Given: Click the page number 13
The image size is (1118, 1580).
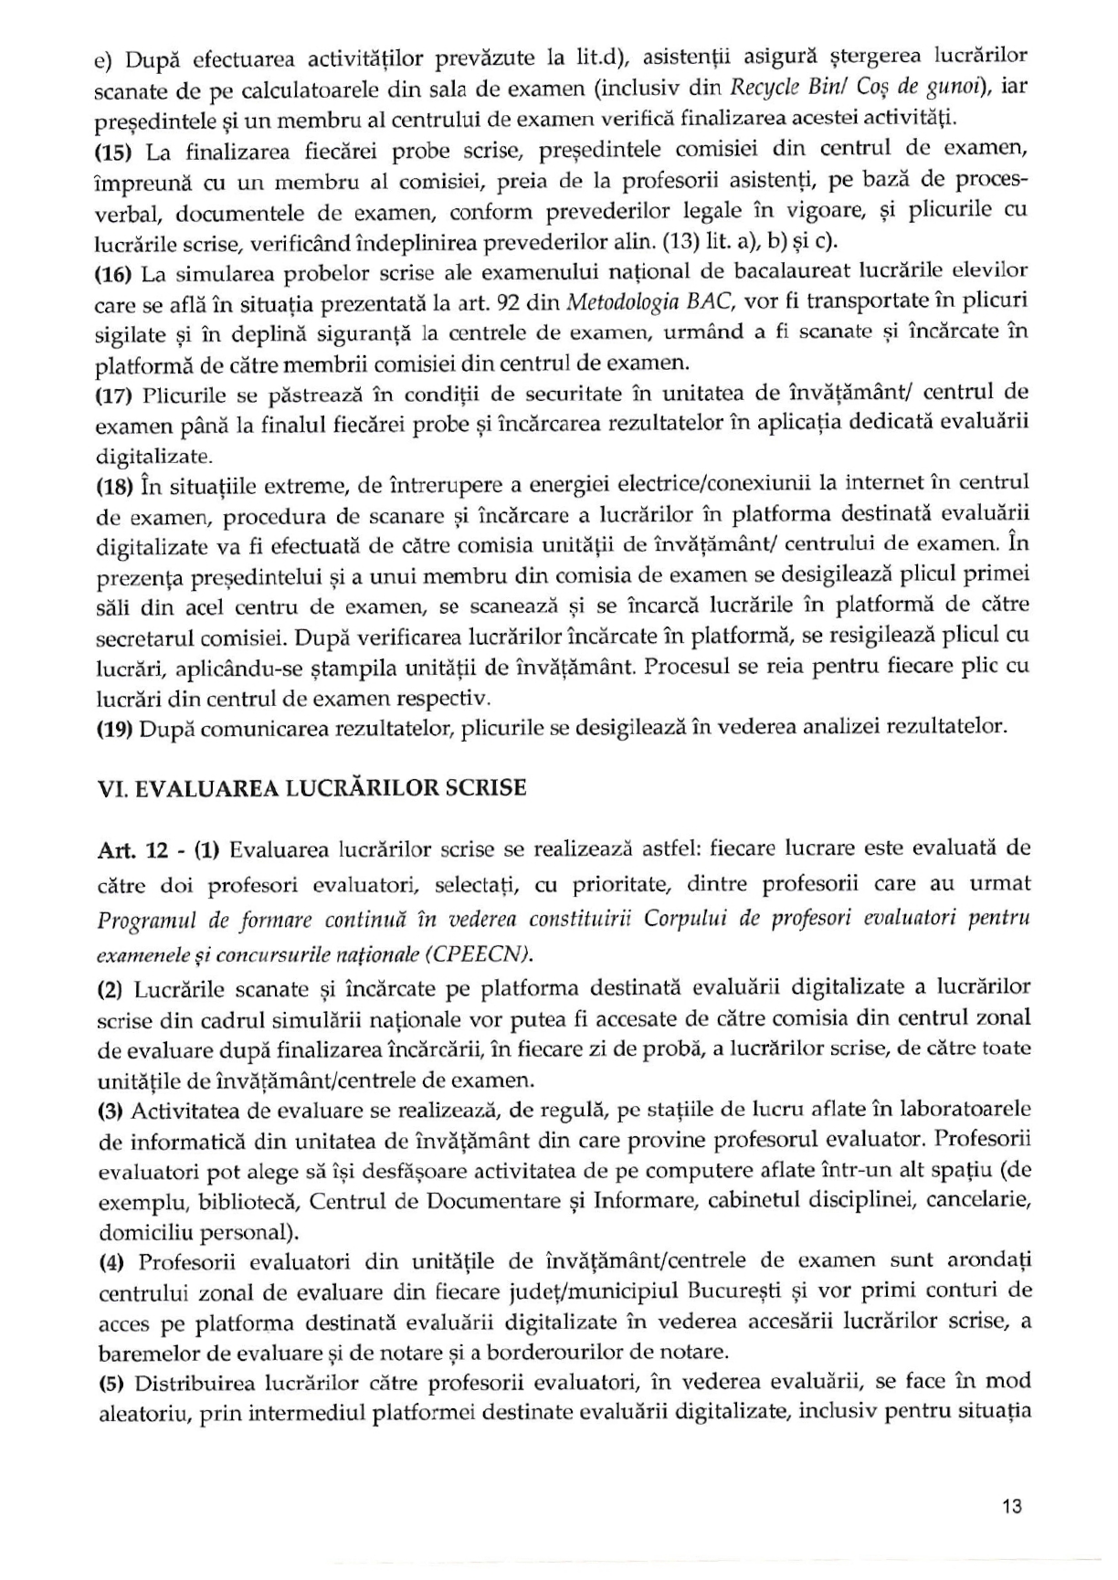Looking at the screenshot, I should pyautogui.click(x=1011, y=1506).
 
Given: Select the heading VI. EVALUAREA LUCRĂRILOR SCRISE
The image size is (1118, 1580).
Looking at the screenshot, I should pyautogui.click(x=311, y=788).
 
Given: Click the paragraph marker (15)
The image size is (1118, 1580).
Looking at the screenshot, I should pyautogui.click(x=115, y=152).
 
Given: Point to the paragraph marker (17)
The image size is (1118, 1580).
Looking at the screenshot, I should pyautogui.click(x=115, y=395).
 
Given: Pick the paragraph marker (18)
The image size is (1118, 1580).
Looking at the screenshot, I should pyautogui.click(x=115, y=486).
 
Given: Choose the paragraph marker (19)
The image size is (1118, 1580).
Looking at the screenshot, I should pyautogui.click(x=115, y=728).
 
